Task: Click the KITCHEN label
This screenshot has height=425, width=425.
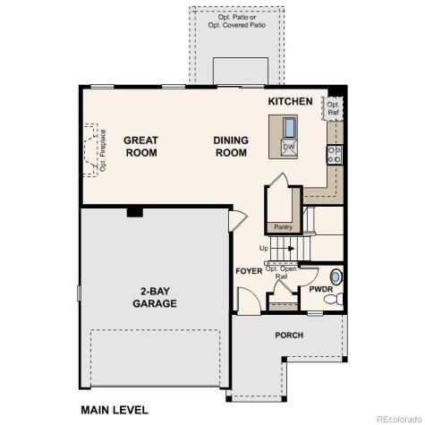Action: tap(290, 101)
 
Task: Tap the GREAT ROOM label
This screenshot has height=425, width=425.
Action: tap(140, 146)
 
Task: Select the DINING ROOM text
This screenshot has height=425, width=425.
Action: tap(230, 146)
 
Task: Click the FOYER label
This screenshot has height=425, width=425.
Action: tap(248, 270)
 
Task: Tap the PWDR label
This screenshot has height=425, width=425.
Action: tap(321, 290)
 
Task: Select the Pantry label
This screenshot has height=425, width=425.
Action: tap(284, 226)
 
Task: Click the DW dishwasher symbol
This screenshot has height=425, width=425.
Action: tap(289, 148)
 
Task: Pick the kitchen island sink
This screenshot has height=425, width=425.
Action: tap(290, 126)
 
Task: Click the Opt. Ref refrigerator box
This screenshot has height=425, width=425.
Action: tap(333, 109)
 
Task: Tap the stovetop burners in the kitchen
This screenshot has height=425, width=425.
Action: tap(335, 153)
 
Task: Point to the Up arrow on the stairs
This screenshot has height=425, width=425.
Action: tap(277, 248)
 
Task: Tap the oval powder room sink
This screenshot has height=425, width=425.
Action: tap(336, 276)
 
